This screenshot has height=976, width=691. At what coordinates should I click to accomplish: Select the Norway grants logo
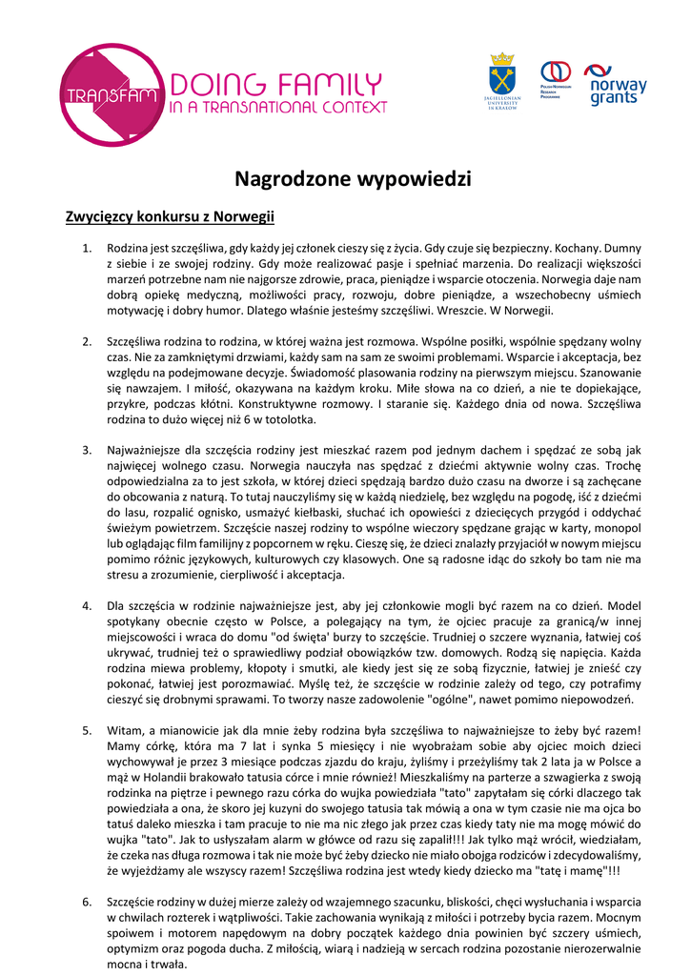(616, 84)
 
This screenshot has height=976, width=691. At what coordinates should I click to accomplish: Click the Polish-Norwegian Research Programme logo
(556, 80)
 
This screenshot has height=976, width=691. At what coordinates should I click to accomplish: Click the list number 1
(87, 249)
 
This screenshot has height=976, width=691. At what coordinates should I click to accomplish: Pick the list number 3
(87, 450)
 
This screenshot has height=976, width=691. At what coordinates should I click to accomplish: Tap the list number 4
(87, 605)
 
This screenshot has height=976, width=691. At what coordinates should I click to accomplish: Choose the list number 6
(87, 901)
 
